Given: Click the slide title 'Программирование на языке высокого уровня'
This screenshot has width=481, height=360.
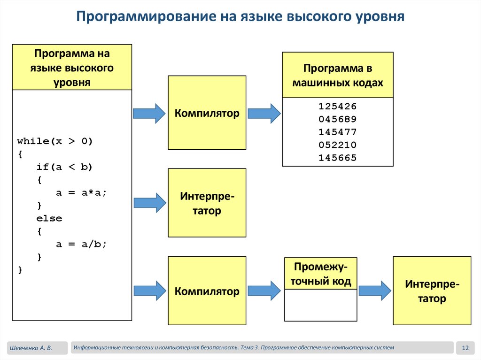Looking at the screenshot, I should click(240, 17).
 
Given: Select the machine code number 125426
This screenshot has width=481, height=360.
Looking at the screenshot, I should click(337, 106).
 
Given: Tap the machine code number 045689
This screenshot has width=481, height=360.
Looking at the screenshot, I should click(337, 119).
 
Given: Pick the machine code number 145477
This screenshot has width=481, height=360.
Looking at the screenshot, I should click(337, 132).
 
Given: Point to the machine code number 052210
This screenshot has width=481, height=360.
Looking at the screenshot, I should click(337, 145).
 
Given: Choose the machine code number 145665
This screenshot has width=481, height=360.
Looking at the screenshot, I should click(337, 158).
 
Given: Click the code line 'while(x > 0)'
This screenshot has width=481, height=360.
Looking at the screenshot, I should click(55, 141).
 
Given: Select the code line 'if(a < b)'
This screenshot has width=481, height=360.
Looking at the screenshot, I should click(65, 167).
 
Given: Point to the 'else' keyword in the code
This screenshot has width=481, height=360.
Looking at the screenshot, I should click(49, 219).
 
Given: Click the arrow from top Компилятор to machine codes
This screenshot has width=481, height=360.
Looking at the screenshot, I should click(264, 114).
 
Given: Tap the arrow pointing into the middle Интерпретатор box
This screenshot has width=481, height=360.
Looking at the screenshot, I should click(149, 202).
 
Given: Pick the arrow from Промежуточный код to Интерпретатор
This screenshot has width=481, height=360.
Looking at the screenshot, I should click(374, 291).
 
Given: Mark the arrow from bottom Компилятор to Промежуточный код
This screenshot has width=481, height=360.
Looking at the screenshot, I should click(264, 291).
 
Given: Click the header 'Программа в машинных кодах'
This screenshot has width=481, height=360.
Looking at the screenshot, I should click(337, 76).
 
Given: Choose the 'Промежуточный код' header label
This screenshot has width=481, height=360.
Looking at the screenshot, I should click(321, 274).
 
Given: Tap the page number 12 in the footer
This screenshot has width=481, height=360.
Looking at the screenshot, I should click(465, 348).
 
